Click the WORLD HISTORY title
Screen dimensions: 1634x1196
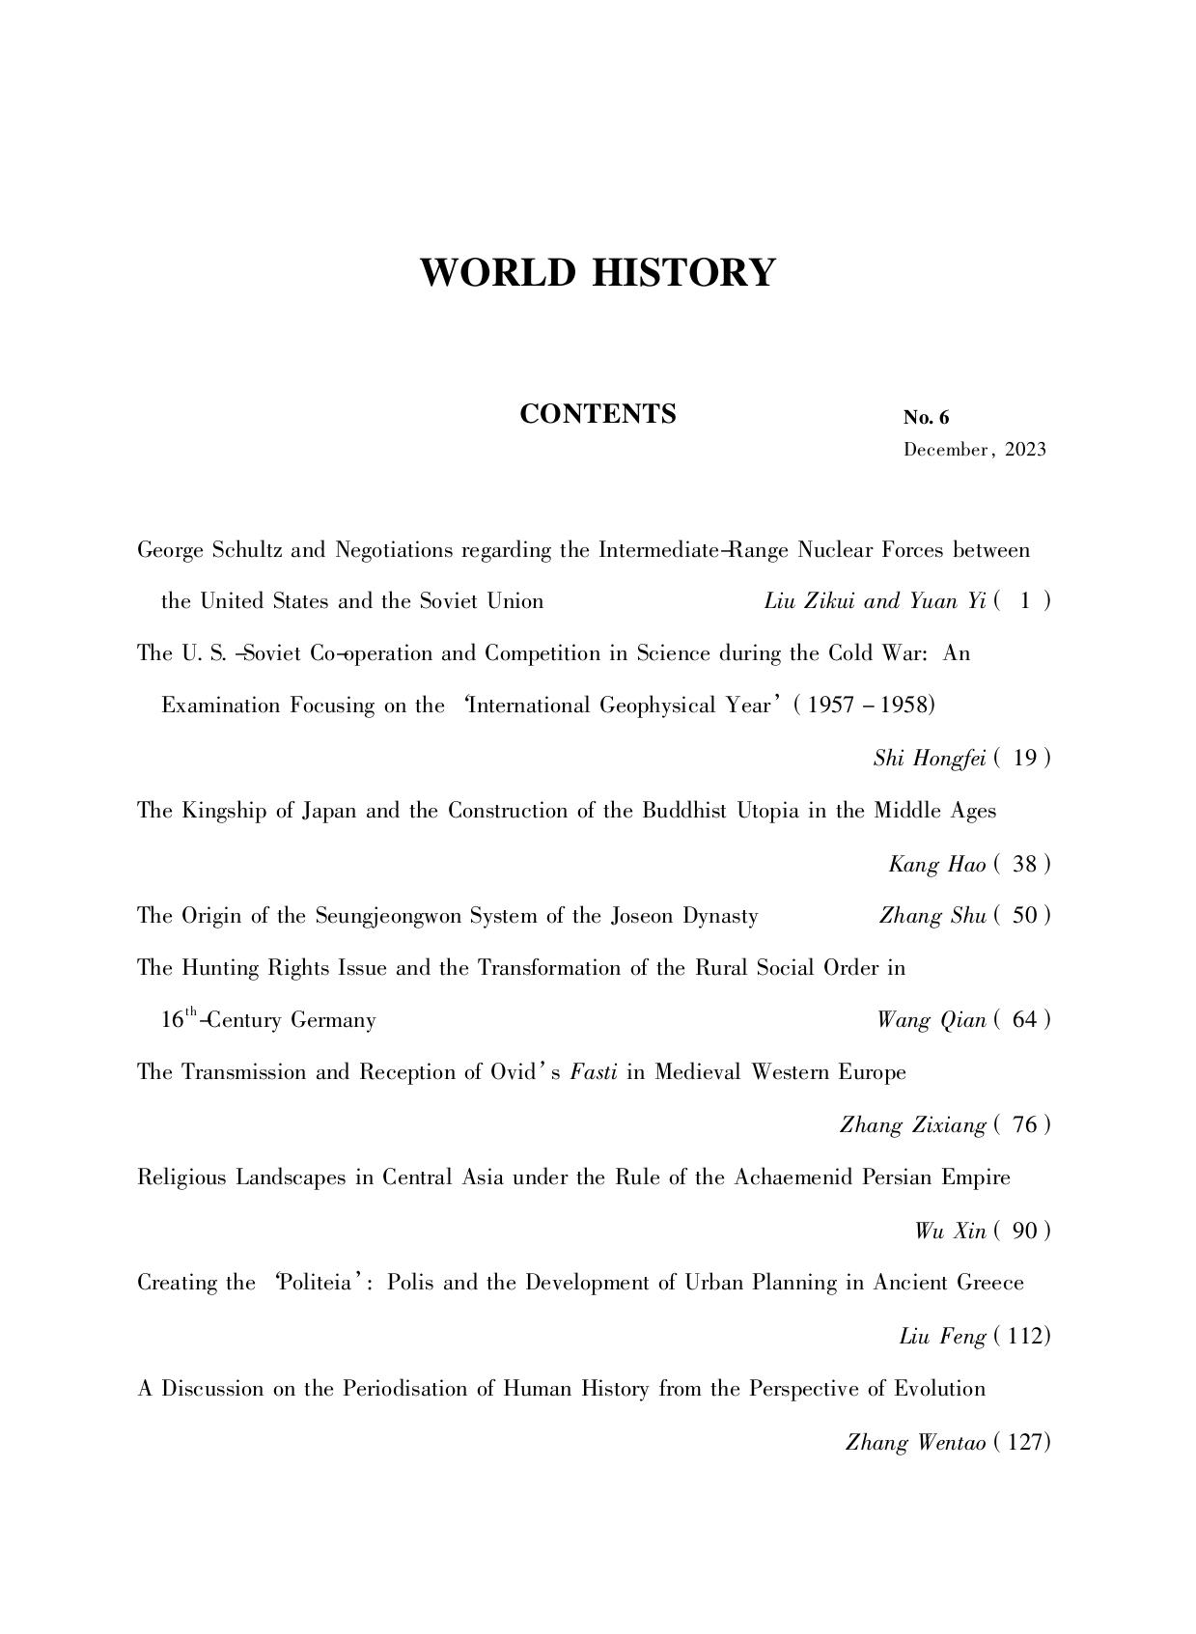(x=598, y=273)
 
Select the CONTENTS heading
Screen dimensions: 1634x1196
(x=598, y=414)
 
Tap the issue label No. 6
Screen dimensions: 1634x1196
(x=926, y=418)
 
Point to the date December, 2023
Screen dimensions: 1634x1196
(x=974, y=450)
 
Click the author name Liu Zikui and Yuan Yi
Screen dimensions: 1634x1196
(x=874, y=601)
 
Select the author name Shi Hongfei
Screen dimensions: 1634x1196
(x=929, y=759)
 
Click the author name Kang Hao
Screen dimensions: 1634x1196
(x=936, y=865)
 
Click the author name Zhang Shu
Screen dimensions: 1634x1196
(x=932, y=916)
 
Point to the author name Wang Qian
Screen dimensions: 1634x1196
(x=931, y=1020)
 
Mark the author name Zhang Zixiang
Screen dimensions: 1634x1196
(x=912, y=1125)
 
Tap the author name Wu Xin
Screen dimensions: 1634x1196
(x=950, y=1231)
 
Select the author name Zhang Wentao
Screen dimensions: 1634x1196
(x=915, y=1443)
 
